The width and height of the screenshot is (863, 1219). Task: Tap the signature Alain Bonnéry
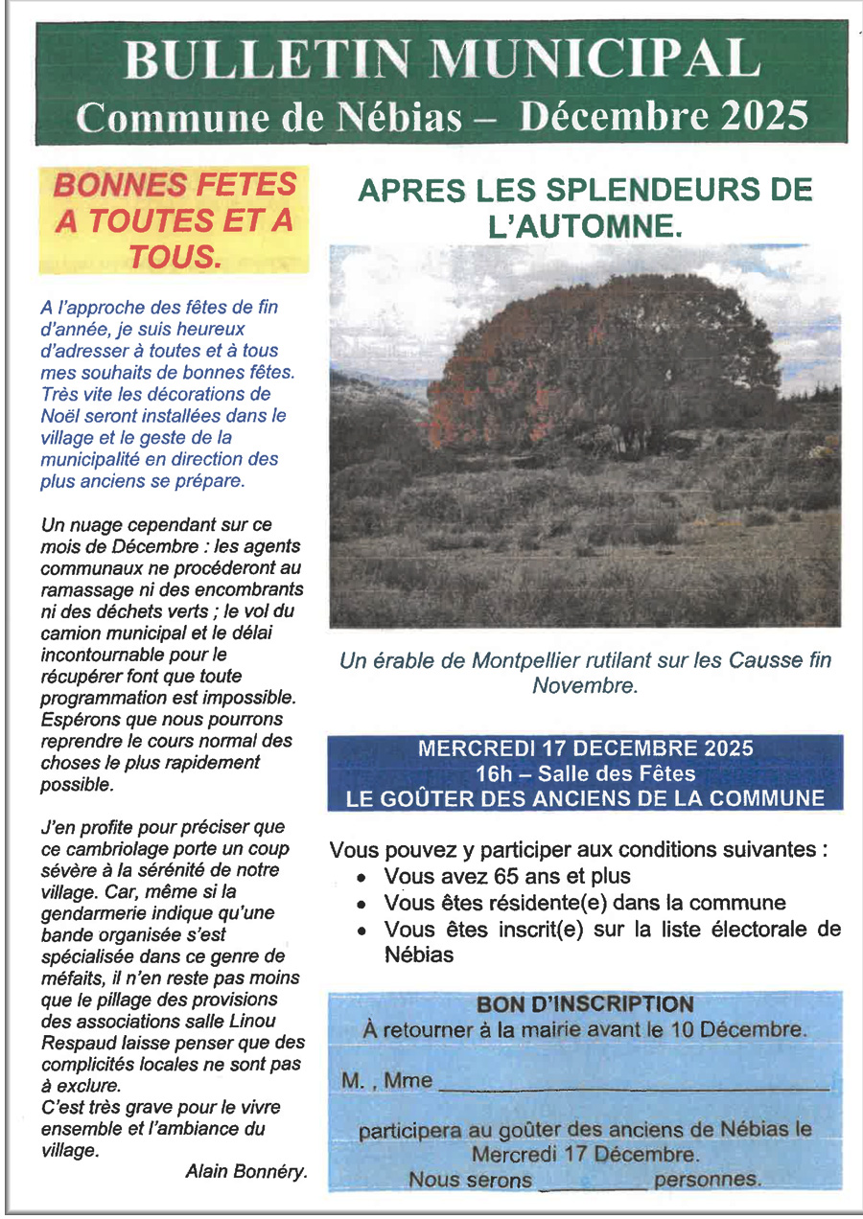coord(246,1170)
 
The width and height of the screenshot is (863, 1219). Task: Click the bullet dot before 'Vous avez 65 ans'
coord(361,878)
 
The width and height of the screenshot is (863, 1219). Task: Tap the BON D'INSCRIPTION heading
coord(585,1004)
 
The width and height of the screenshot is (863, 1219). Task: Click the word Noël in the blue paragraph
coord(61,416)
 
